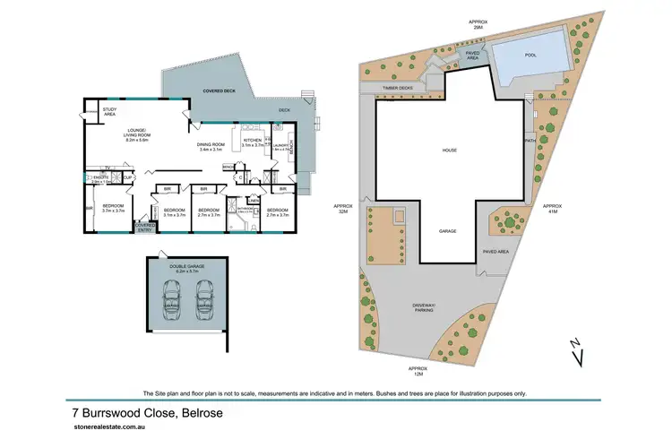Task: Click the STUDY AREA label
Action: tap(109, 113)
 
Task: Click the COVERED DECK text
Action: tap(220, 90)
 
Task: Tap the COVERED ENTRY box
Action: tap(144, 228)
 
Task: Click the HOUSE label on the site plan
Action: tap(450, 150)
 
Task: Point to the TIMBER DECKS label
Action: tap(396, 88)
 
